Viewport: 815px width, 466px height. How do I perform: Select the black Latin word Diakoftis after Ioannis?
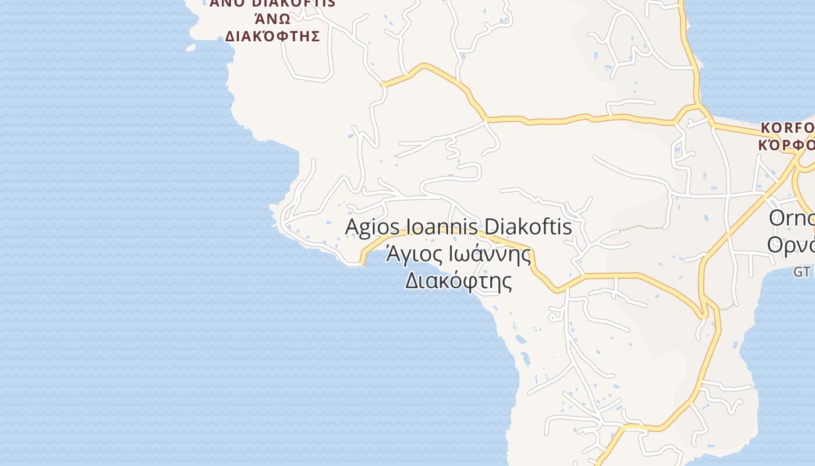tap(528, 227)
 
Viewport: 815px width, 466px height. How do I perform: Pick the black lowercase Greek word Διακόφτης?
tap(458, 282)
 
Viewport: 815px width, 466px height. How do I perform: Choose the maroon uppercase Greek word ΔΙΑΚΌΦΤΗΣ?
tap(272, 36)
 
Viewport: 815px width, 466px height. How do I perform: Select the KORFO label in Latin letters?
tap(787, 128)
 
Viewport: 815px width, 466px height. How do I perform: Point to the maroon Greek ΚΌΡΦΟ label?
tap(786, 144)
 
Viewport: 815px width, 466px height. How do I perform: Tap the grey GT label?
tap(802, 271)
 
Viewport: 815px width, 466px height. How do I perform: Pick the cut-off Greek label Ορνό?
tap(791, 245)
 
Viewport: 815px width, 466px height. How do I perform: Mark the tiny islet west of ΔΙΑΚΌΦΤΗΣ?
tap(190, 48)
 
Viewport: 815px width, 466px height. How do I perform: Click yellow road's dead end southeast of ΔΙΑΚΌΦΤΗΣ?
tap(383, 84)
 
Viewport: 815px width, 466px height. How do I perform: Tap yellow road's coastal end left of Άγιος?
tap(362, 262)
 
